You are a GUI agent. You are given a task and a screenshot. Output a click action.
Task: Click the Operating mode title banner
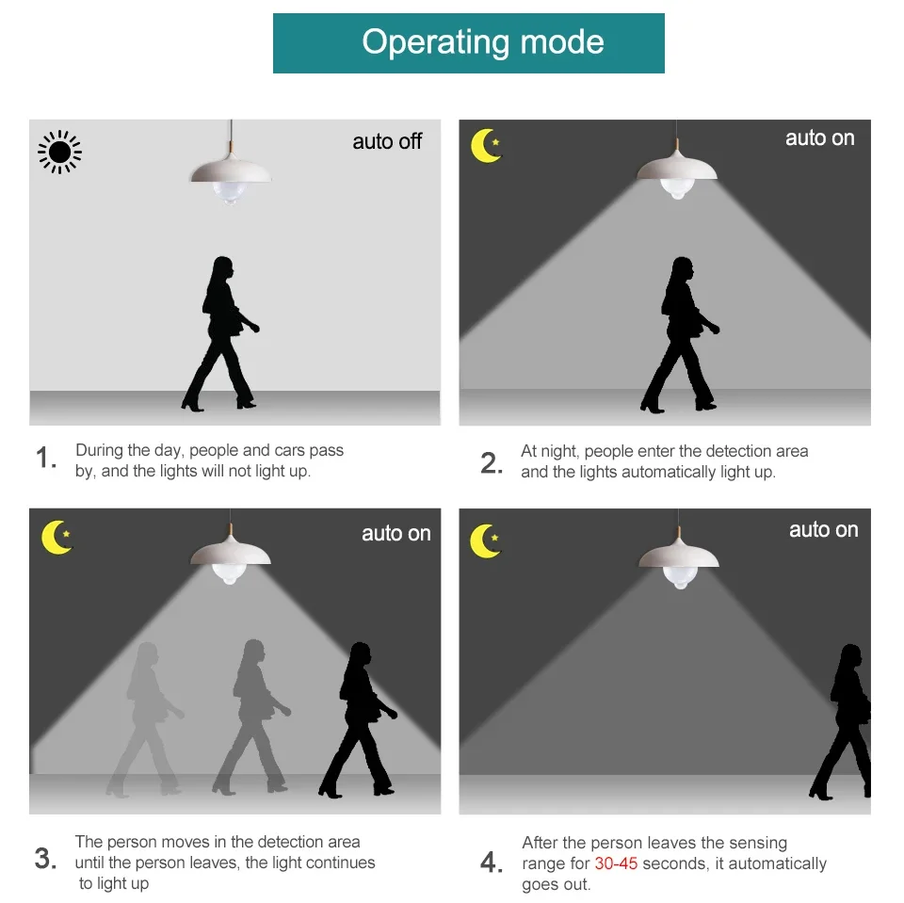pos(468,43)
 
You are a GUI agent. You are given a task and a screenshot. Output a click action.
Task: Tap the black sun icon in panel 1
pos(59,153)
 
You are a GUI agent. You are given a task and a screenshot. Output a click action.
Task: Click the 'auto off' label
pos(387,141)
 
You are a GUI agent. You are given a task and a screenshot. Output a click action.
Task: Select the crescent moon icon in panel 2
pos(486,145)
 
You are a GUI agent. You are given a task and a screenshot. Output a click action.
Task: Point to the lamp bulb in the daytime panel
pos(230,192)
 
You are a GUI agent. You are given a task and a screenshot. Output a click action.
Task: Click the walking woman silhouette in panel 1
pos(220,334)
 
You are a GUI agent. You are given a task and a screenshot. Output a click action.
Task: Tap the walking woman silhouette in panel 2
pos(680,335)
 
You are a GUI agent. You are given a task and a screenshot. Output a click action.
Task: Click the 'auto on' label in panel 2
pos(819,138)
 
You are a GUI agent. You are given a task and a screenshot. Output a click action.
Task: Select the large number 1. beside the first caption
pos(46,458)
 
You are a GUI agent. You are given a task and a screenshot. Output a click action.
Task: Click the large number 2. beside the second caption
pos(492,463)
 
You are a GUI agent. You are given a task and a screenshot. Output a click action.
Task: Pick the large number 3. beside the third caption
pos(45,858)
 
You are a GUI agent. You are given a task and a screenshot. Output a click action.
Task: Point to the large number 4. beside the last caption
pos(492,863)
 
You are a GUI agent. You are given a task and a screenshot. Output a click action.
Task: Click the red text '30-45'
pos(616,863)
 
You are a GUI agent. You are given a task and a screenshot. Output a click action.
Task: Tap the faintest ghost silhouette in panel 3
pos(145,719)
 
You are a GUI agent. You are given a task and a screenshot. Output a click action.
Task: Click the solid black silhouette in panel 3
pos(358,719)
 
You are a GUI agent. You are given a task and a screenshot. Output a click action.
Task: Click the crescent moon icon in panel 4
pos(485,540)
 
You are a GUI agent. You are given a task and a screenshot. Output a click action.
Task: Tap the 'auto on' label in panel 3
pos(396,534)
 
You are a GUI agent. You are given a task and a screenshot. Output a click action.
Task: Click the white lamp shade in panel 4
pos(679,553)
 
